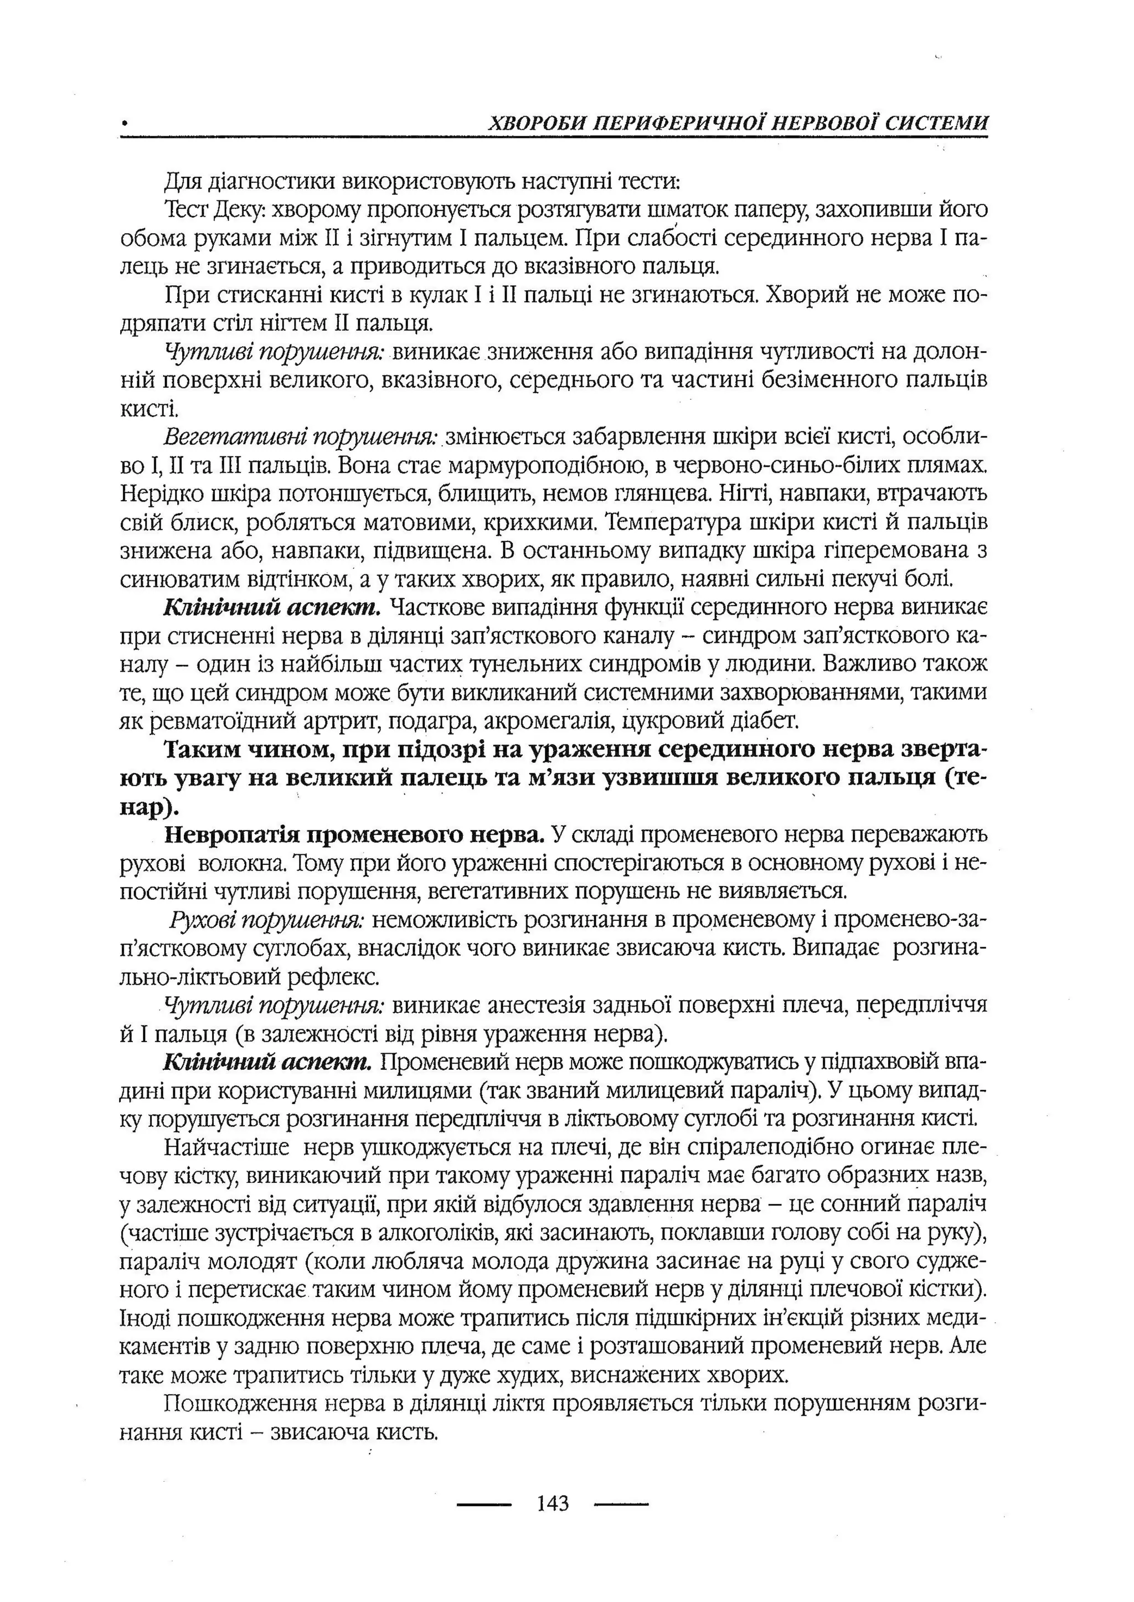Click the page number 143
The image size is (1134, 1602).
pos(554,1502)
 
